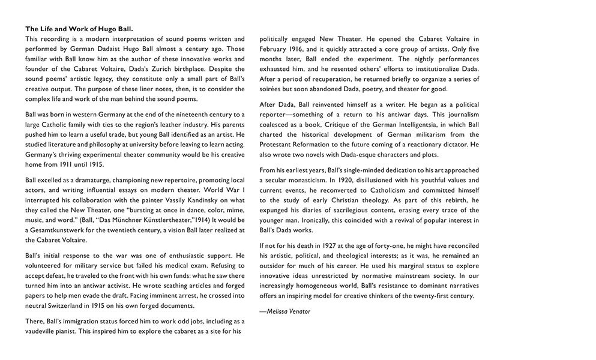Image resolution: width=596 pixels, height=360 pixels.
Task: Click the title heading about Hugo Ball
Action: tap(79, 29)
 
